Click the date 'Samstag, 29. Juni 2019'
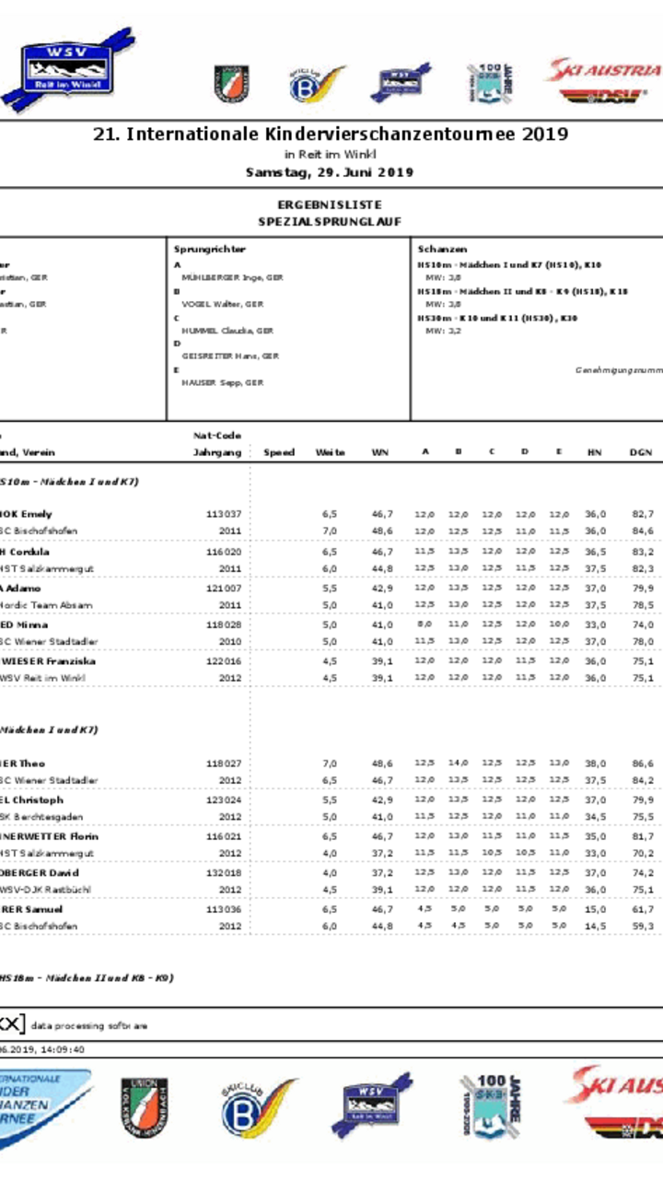tap(330, 172)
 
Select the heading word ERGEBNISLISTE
tap(330, 204)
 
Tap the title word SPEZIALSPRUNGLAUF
tap(330, 222)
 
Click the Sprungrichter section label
tap(210, 249)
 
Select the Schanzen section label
tap(442, 249)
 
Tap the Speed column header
tap(279, 452)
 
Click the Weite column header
tap(330, 452)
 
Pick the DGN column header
tap(641, 452)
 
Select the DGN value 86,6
tap(643, 764)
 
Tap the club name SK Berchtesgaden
tap(41, 817)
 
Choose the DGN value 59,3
tap(643, 926)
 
